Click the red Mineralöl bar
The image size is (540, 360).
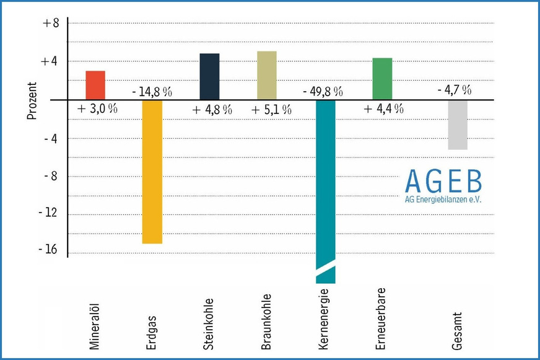(x=95, y=85)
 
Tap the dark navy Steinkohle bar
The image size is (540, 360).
(x=209, y=76)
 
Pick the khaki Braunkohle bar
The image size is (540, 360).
(x=267, y=75)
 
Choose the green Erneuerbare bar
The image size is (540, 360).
(x=382, y=78)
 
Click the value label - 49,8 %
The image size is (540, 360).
(x=323, y=92)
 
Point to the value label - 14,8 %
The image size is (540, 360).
(x=152, y=92)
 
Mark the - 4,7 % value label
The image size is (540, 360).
(x=454, y=90)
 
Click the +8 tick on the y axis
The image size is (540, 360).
(x=50, y=24)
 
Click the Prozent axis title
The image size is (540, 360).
(x=32, y=100)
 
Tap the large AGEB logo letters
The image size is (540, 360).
(x=443, y=180)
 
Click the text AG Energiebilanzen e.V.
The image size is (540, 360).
(x=443, y=200)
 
